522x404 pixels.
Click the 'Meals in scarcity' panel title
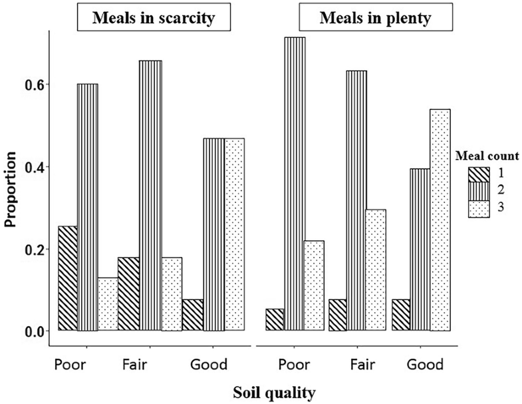click(154, 18)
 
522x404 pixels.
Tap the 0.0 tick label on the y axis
click(31, 331)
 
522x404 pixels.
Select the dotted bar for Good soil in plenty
click(440, 220)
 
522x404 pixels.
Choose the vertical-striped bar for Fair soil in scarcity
click(150, 196)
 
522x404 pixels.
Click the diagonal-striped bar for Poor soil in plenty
click(274, 319)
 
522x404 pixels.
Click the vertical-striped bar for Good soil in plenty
click(419, 250)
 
